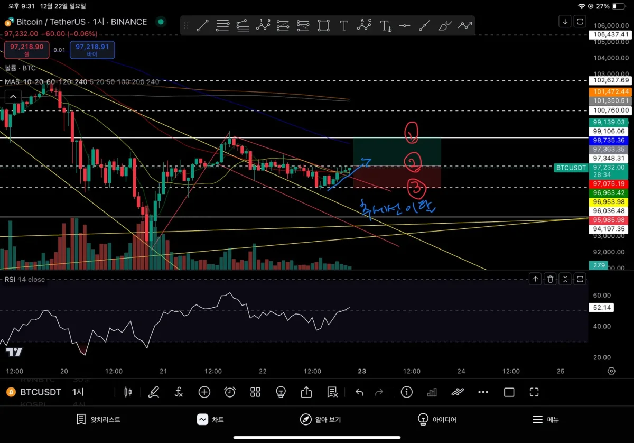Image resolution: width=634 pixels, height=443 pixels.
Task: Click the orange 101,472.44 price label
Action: pyautogui.click(x=610, y=91)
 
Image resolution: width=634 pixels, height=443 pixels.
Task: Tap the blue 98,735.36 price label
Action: pyautogui.click(x=610, y=141)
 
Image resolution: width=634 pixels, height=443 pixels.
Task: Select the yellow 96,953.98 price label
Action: pyautogui.click(x=610, y=202)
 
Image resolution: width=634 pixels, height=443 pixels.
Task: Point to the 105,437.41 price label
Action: pyautogui.click(x=610, y=34)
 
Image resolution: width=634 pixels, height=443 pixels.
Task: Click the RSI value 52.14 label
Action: pyautogui.click(x=601, y=307)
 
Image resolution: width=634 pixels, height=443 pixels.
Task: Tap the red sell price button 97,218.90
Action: pyautogui.click(x=26, y=50)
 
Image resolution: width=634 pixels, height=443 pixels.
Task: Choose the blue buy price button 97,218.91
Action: pyautogui.click(x=92, y=50)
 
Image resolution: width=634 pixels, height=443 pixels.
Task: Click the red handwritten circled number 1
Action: pyautogui.click(x=411, y=134)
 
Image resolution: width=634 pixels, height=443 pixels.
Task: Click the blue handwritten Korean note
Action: pyautogui.click(x=397, y=207)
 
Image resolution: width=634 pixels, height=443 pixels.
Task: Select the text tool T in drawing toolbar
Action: pyautogui.click(x=344, y=25)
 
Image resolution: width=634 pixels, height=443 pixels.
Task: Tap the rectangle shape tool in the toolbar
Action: pyautogui.click(x=323, y=25)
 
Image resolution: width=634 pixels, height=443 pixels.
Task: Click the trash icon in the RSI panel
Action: pyautogui.click(x=550, y=279)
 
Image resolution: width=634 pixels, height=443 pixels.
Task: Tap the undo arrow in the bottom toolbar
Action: pyautogui.click(x=359, y=392)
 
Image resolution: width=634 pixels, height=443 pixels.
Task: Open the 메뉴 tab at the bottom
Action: pyautogui.click(x=545, y=420)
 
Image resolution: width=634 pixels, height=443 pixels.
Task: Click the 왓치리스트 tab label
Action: pyautogui.click(x=99, y=420)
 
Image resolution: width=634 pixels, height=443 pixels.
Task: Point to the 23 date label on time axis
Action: pyautogui.click(x=362, y=371)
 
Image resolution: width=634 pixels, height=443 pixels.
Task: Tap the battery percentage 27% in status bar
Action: pyautogui.click(x=603, y=6)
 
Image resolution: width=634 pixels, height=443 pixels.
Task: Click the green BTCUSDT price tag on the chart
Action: pyautogui.click(x=571, y=168)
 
